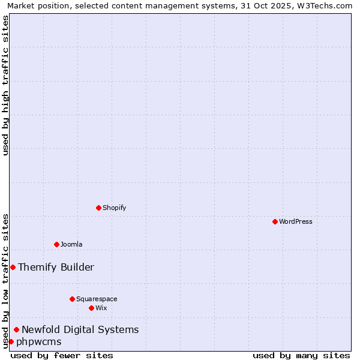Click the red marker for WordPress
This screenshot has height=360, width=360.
275,221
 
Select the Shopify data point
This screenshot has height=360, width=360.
98,208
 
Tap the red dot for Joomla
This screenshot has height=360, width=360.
56,244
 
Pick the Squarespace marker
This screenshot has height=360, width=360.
72,299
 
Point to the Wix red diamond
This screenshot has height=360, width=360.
91,308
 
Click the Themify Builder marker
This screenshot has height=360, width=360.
13,267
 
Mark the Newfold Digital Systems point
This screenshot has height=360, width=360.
16,329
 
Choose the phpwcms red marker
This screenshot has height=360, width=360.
11,341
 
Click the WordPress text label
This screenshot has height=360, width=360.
296,221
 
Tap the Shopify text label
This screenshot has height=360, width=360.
114,208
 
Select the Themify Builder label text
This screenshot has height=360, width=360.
56,267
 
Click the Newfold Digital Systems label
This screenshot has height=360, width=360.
80,329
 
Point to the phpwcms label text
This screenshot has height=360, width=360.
39,341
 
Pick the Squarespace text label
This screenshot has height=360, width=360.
97,299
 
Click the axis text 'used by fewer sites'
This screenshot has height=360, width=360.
62,355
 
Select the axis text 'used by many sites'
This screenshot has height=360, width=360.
301,355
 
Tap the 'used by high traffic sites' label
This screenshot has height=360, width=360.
5,85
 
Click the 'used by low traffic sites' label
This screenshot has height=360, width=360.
5,281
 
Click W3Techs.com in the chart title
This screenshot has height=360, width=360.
325,5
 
